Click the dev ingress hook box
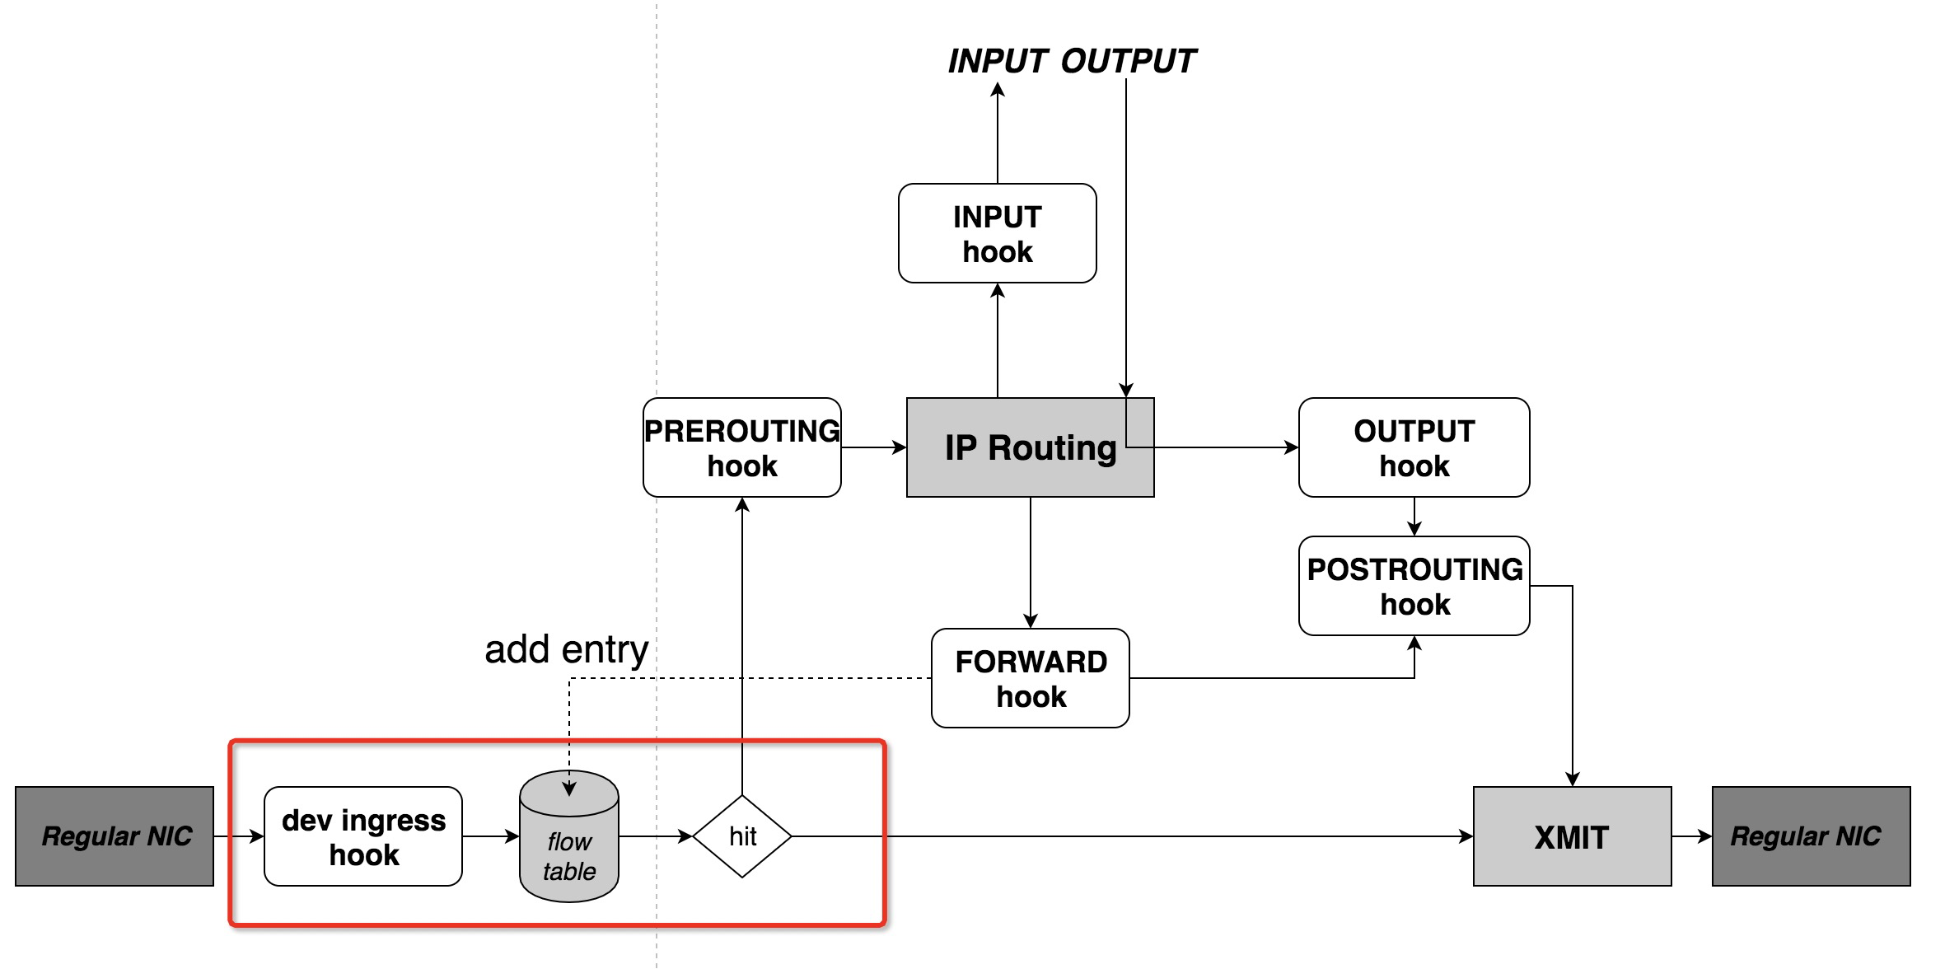tap(362, 836)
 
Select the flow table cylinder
tap(568, 849)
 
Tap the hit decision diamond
tap(741, 836)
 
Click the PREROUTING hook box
tap(741, 447)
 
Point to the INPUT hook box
tap(997, 233)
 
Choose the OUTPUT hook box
tap(1414, 447)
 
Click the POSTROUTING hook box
tap(1414, 586)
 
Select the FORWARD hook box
tap(1030, 678)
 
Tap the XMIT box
tap(1572, 836)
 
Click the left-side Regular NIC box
tap(115, 836)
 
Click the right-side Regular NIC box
tap(1811, 836)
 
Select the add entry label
tap(566, 649)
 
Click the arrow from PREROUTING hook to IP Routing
tap(873, 447)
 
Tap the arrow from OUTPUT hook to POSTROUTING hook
tap(1414, 517)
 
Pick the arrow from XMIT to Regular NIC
tap(1692, 836)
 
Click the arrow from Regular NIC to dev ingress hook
tap(239, 836)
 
